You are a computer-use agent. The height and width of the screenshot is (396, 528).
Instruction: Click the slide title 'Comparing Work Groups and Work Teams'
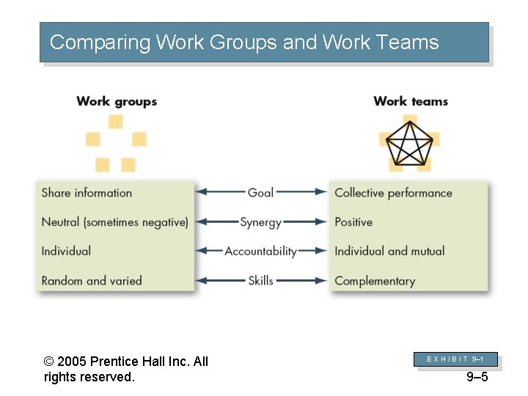244,43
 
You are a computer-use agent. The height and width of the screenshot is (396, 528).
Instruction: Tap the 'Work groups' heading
117,101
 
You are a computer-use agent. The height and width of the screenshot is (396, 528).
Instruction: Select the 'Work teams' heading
410,101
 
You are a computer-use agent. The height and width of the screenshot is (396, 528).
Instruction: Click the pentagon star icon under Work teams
410,142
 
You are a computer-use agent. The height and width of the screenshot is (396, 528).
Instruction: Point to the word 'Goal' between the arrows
260,193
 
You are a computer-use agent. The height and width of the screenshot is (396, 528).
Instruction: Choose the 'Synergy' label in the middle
260,222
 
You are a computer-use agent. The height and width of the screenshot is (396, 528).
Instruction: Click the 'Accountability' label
260,251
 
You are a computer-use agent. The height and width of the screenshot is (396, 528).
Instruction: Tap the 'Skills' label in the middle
260,280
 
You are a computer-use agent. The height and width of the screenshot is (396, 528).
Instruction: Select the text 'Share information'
87,193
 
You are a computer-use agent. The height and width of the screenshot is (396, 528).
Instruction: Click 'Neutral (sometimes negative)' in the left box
114,222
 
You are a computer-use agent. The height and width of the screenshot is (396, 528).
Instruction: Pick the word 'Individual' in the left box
66,251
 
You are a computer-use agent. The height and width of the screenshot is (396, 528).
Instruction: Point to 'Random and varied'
92,280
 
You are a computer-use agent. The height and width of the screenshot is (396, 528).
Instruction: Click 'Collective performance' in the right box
393,193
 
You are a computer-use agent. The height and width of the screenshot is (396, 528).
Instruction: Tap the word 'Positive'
353,222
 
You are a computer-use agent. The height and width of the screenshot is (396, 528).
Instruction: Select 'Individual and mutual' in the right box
389,251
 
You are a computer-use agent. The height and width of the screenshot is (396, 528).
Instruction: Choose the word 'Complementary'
375,281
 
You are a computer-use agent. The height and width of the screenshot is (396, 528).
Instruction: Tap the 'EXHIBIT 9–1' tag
455,359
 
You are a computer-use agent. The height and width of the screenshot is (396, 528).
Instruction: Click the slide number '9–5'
477,377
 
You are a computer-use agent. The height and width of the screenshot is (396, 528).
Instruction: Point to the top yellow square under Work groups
116,122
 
